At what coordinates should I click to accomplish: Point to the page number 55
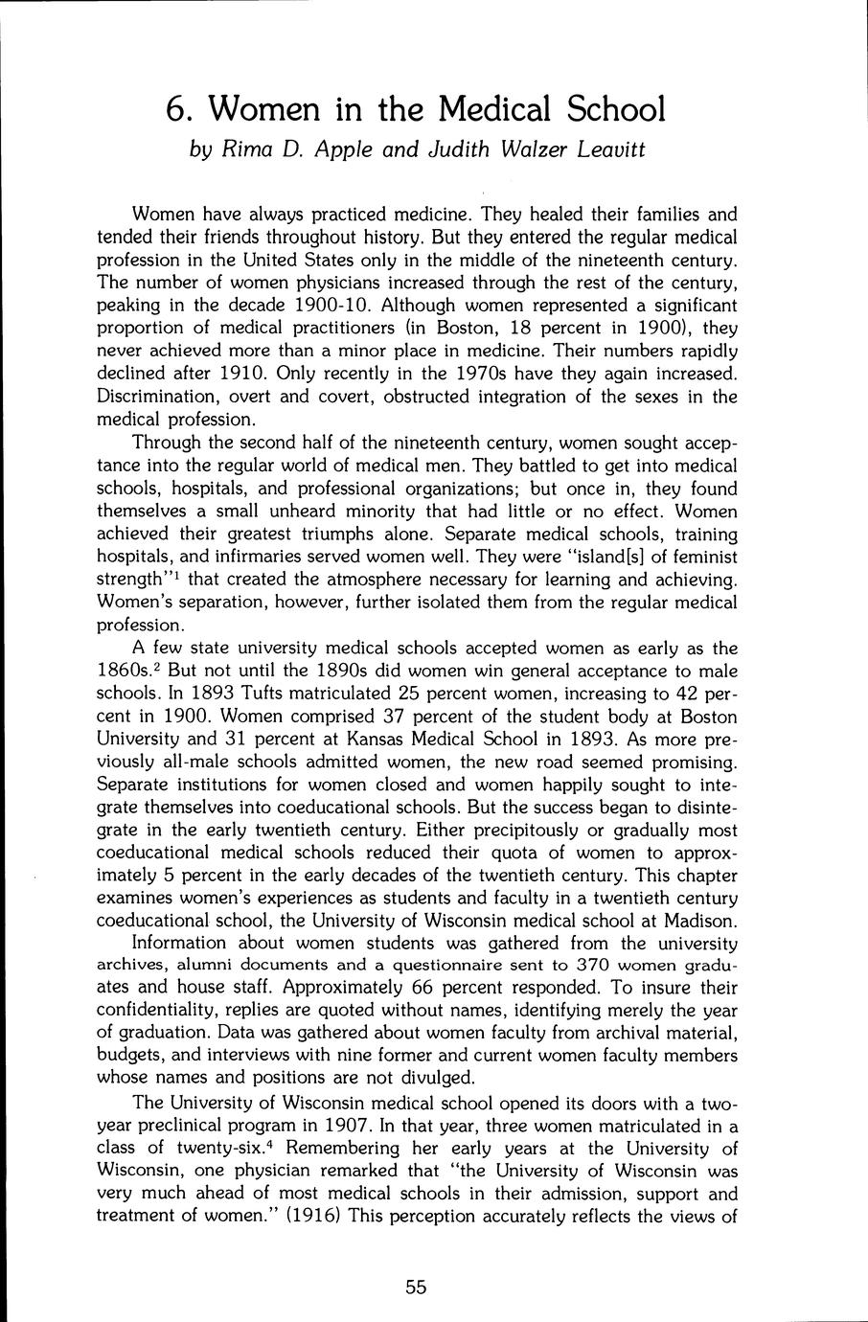pos(415,1288)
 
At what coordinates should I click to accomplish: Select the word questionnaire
pos(455,964)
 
